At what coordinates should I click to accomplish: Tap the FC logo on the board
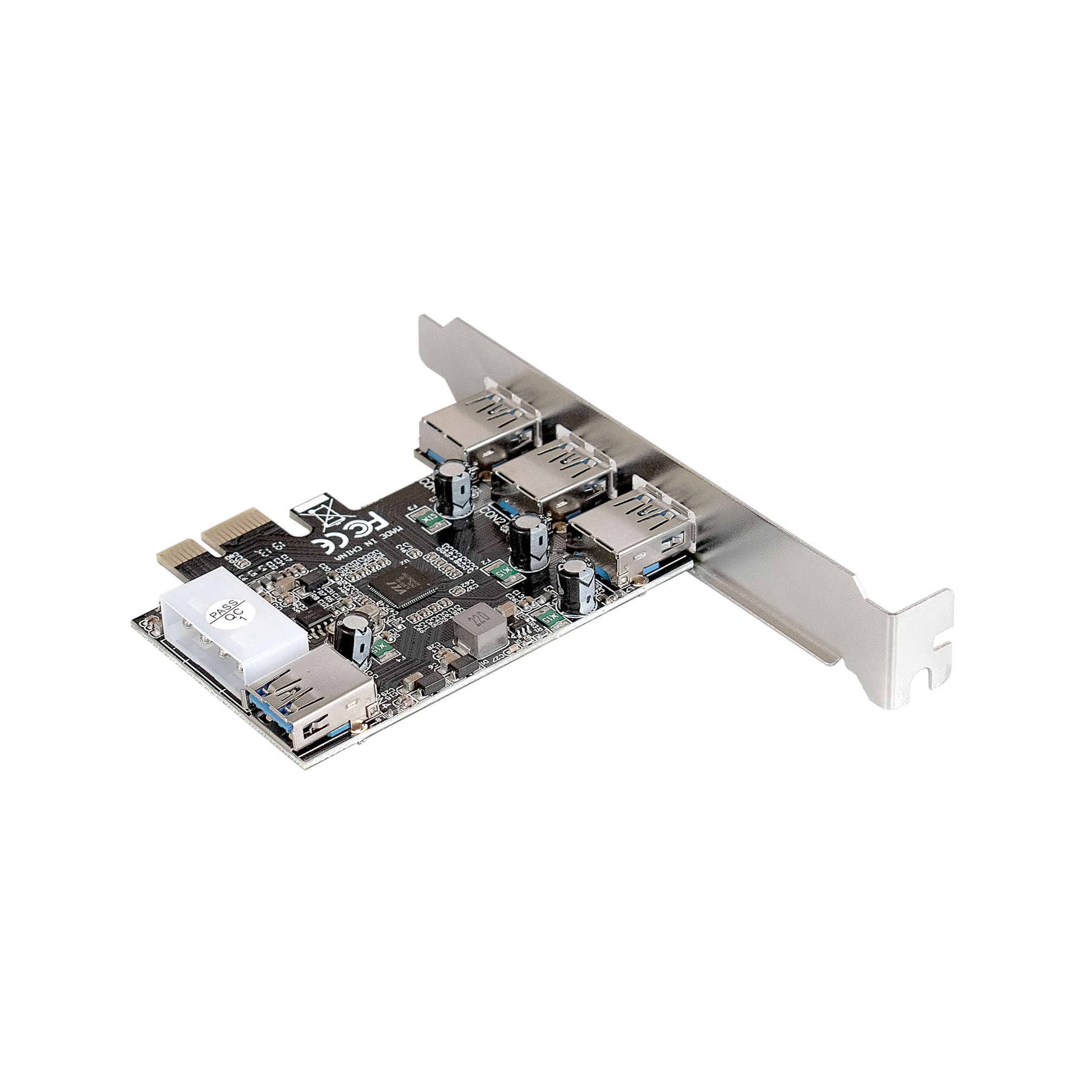tap(360, 527)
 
